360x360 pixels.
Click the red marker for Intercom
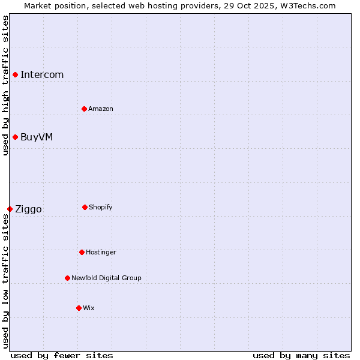pos(15,74)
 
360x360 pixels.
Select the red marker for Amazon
pos(84,109)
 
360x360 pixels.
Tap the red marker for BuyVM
pos(15,137)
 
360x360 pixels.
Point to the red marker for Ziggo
pos(10,209)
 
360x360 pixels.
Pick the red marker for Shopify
pos(85,207)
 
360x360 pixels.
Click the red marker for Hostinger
pos(82,252)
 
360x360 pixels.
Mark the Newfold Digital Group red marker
pos(67,278)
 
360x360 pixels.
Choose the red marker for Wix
pos(79,308)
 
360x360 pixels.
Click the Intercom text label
pos(42,75)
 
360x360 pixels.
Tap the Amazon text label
pos(101,109)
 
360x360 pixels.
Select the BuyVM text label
pos(37,137)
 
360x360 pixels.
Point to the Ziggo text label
pos(28,209)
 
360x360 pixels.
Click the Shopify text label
pos(101,207)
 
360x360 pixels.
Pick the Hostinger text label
pos(101,252)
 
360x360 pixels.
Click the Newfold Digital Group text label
pos(106,278)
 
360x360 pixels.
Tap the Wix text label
pos(89,308)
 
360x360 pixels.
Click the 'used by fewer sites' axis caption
pos(62,355)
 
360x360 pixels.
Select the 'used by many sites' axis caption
pos(301,355)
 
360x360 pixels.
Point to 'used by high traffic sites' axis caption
pos(5,85)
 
